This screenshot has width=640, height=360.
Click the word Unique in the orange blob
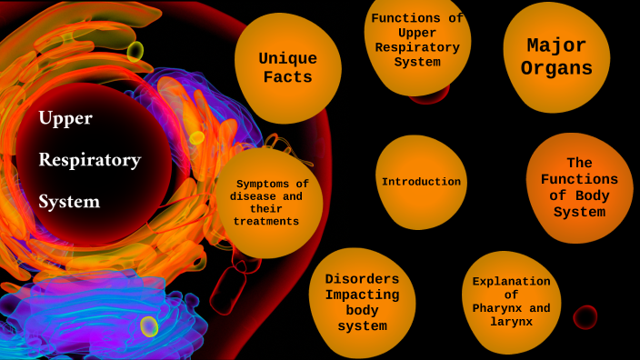(287, 58)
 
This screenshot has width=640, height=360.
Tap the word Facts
(287, 77)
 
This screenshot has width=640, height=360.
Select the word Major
(556, 45)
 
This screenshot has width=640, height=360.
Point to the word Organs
(556, 68)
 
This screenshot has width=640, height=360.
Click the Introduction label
(421, 182)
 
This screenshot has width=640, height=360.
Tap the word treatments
(266, 221)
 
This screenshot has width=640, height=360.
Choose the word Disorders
(362, 278)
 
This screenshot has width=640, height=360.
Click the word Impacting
(362, 295)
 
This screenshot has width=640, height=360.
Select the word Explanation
(511, 281)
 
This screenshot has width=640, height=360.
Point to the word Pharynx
(497, 308)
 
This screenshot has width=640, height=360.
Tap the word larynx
(511, 322)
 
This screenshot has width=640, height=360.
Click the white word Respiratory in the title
(89, 160)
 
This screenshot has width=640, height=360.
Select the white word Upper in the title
(65, 118)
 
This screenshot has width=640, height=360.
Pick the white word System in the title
(69, 201)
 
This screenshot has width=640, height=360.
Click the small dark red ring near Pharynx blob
(585, 317)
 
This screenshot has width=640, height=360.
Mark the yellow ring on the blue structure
(149, 326)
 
